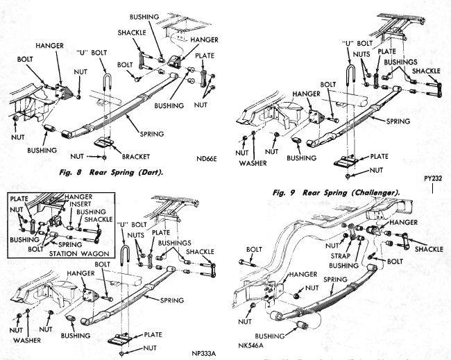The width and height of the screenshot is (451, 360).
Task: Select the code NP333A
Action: tap(206, 352)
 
